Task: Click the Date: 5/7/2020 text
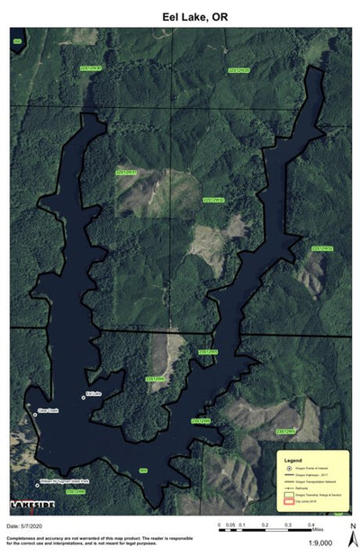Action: pyautogui.click(x=25, y=525)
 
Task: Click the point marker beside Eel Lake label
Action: pyautogui.click(x=84, y=397)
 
